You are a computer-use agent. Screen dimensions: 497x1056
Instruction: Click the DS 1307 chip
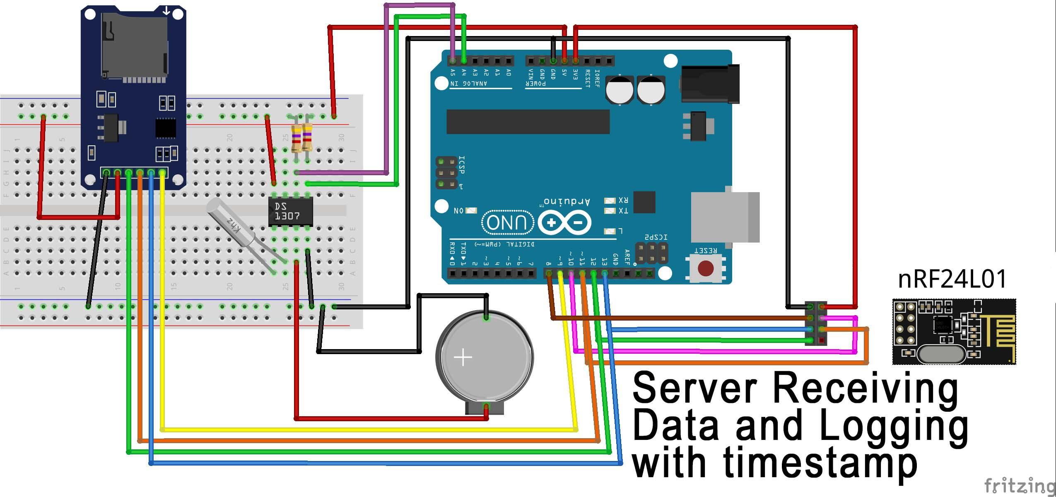(290, 211)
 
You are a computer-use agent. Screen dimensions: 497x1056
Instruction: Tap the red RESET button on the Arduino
(706, 268)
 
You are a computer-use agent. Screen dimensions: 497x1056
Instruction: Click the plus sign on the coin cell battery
(463, 357)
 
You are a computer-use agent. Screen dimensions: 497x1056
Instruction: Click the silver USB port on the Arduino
(725, 217)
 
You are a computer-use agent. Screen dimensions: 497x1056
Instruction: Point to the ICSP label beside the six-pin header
(462, 165)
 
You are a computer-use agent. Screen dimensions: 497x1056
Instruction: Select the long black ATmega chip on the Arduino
(528, 122)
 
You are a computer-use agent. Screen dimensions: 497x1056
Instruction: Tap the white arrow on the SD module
(166, 11)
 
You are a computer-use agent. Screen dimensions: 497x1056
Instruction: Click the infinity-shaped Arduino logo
(564, 223)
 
